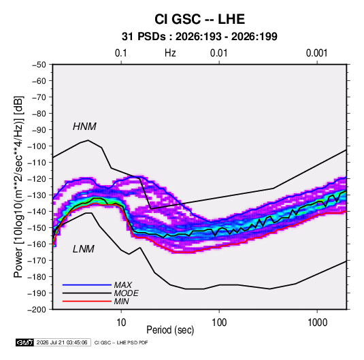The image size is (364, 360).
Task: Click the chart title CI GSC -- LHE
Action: (x=199, y=19)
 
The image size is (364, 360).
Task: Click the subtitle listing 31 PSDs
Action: (x=199, y=37)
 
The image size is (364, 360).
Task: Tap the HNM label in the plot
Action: (x=84, y=127)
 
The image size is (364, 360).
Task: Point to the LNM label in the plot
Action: (x=84, y=249)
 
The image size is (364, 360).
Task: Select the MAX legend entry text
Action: (x=123, y=285)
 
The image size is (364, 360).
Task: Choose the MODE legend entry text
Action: (x=127, y=293)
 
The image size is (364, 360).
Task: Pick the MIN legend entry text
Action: (x=121, y=301)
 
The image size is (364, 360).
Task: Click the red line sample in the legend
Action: (x=87, y=301)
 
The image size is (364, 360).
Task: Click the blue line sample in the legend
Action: (x=87, y=285)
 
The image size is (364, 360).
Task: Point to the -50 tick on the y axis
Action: (x=39, y=65)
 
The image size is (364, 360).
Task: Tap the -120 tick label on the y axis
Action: (x=37, y=179)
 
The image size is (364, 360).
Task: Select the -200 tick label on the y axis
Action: (x=37, y=310)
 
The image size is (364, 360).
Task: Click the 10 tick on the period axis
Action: (x=121, y=323)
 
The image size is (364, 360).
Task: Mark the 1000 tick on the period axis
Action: (x=317, y=323)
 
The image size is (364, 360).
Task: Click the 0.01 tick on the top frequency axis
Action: (x=218, y=53)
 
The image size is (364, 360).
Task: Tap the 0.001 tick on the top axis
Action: (x=316, y=53)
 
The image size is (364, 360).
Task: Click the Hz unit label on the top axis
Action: (x=170, y=53)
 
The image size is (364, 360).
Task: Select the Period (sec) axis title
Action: (x=170, y=330)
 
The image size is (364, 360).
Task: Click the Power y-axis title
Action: (x=18, y=186)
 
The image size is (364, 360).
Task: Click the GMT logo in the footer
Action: (x=24, y=342)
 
